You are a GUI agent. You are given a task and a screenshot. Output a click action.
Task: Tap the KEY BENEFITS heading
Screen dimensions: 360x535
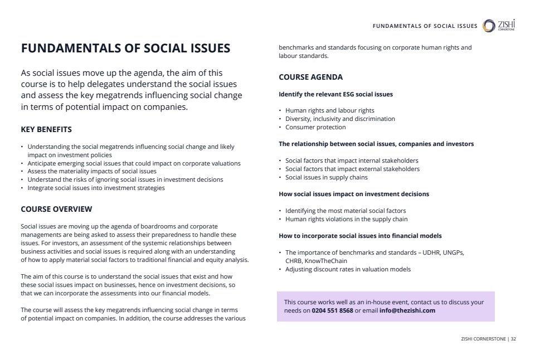(46, 130)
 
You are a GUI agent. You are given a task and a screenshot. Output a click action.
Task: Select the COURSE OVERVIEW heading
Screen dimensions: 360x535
(56, 209)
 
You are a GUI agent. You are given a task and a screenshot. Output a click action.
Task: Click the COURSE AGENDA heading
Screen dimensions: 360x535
(310, 77)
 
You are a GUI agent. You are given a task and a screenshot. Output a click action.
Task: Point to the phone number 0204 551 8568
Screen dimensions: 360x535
(332, 310)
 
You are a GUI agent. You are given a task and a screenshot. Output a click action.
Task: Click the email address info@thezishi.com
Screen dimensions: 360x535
(407, 310)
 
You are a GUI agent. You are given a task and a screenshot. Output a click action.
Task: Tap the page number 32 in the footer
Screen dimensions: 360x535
(513, 338)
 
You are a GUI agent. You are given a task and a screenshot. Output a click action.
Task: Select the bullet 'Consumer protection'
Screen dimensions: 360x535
(315, 127)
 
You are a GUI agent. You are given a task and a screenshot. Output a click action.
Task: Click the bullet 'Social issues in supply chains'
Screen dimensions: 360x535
(326, 177)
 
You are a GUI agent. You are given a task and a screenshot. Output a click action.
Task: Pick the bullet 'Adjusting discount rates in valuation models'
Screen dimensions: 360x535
(348, 269)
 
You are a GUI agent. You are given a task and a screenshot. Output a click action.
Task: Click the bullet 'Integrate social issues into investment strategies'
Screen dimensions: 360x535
(96, 188)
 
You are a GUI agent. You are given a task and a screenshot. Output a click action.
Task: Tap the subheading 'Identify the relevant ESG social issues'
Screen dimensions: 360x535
(335, 94)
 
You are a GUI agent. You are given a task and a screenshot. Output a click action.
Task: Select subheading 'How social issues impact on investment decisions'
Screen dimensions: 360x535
(354, 194)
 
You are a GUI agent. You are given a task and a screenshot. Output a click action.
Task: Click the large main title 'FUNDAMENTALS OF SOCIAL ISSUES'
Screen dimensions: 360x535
(125, 48)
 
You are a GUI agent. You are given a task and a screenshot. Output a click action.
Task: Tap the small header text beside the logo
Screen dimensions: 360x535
(425, 26)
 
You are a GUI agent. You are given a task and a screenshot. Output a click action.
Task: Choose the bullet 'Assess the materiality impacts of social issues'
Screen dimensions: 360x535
(92, 171)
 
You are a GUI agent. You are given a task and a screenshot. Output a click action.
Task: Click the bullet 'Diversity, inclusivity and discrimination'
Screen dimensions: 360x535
(340, 119)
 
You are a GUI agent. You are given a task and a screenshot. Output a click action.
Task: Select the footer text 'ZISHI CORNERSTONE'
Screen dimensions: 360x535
(483, 338)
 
